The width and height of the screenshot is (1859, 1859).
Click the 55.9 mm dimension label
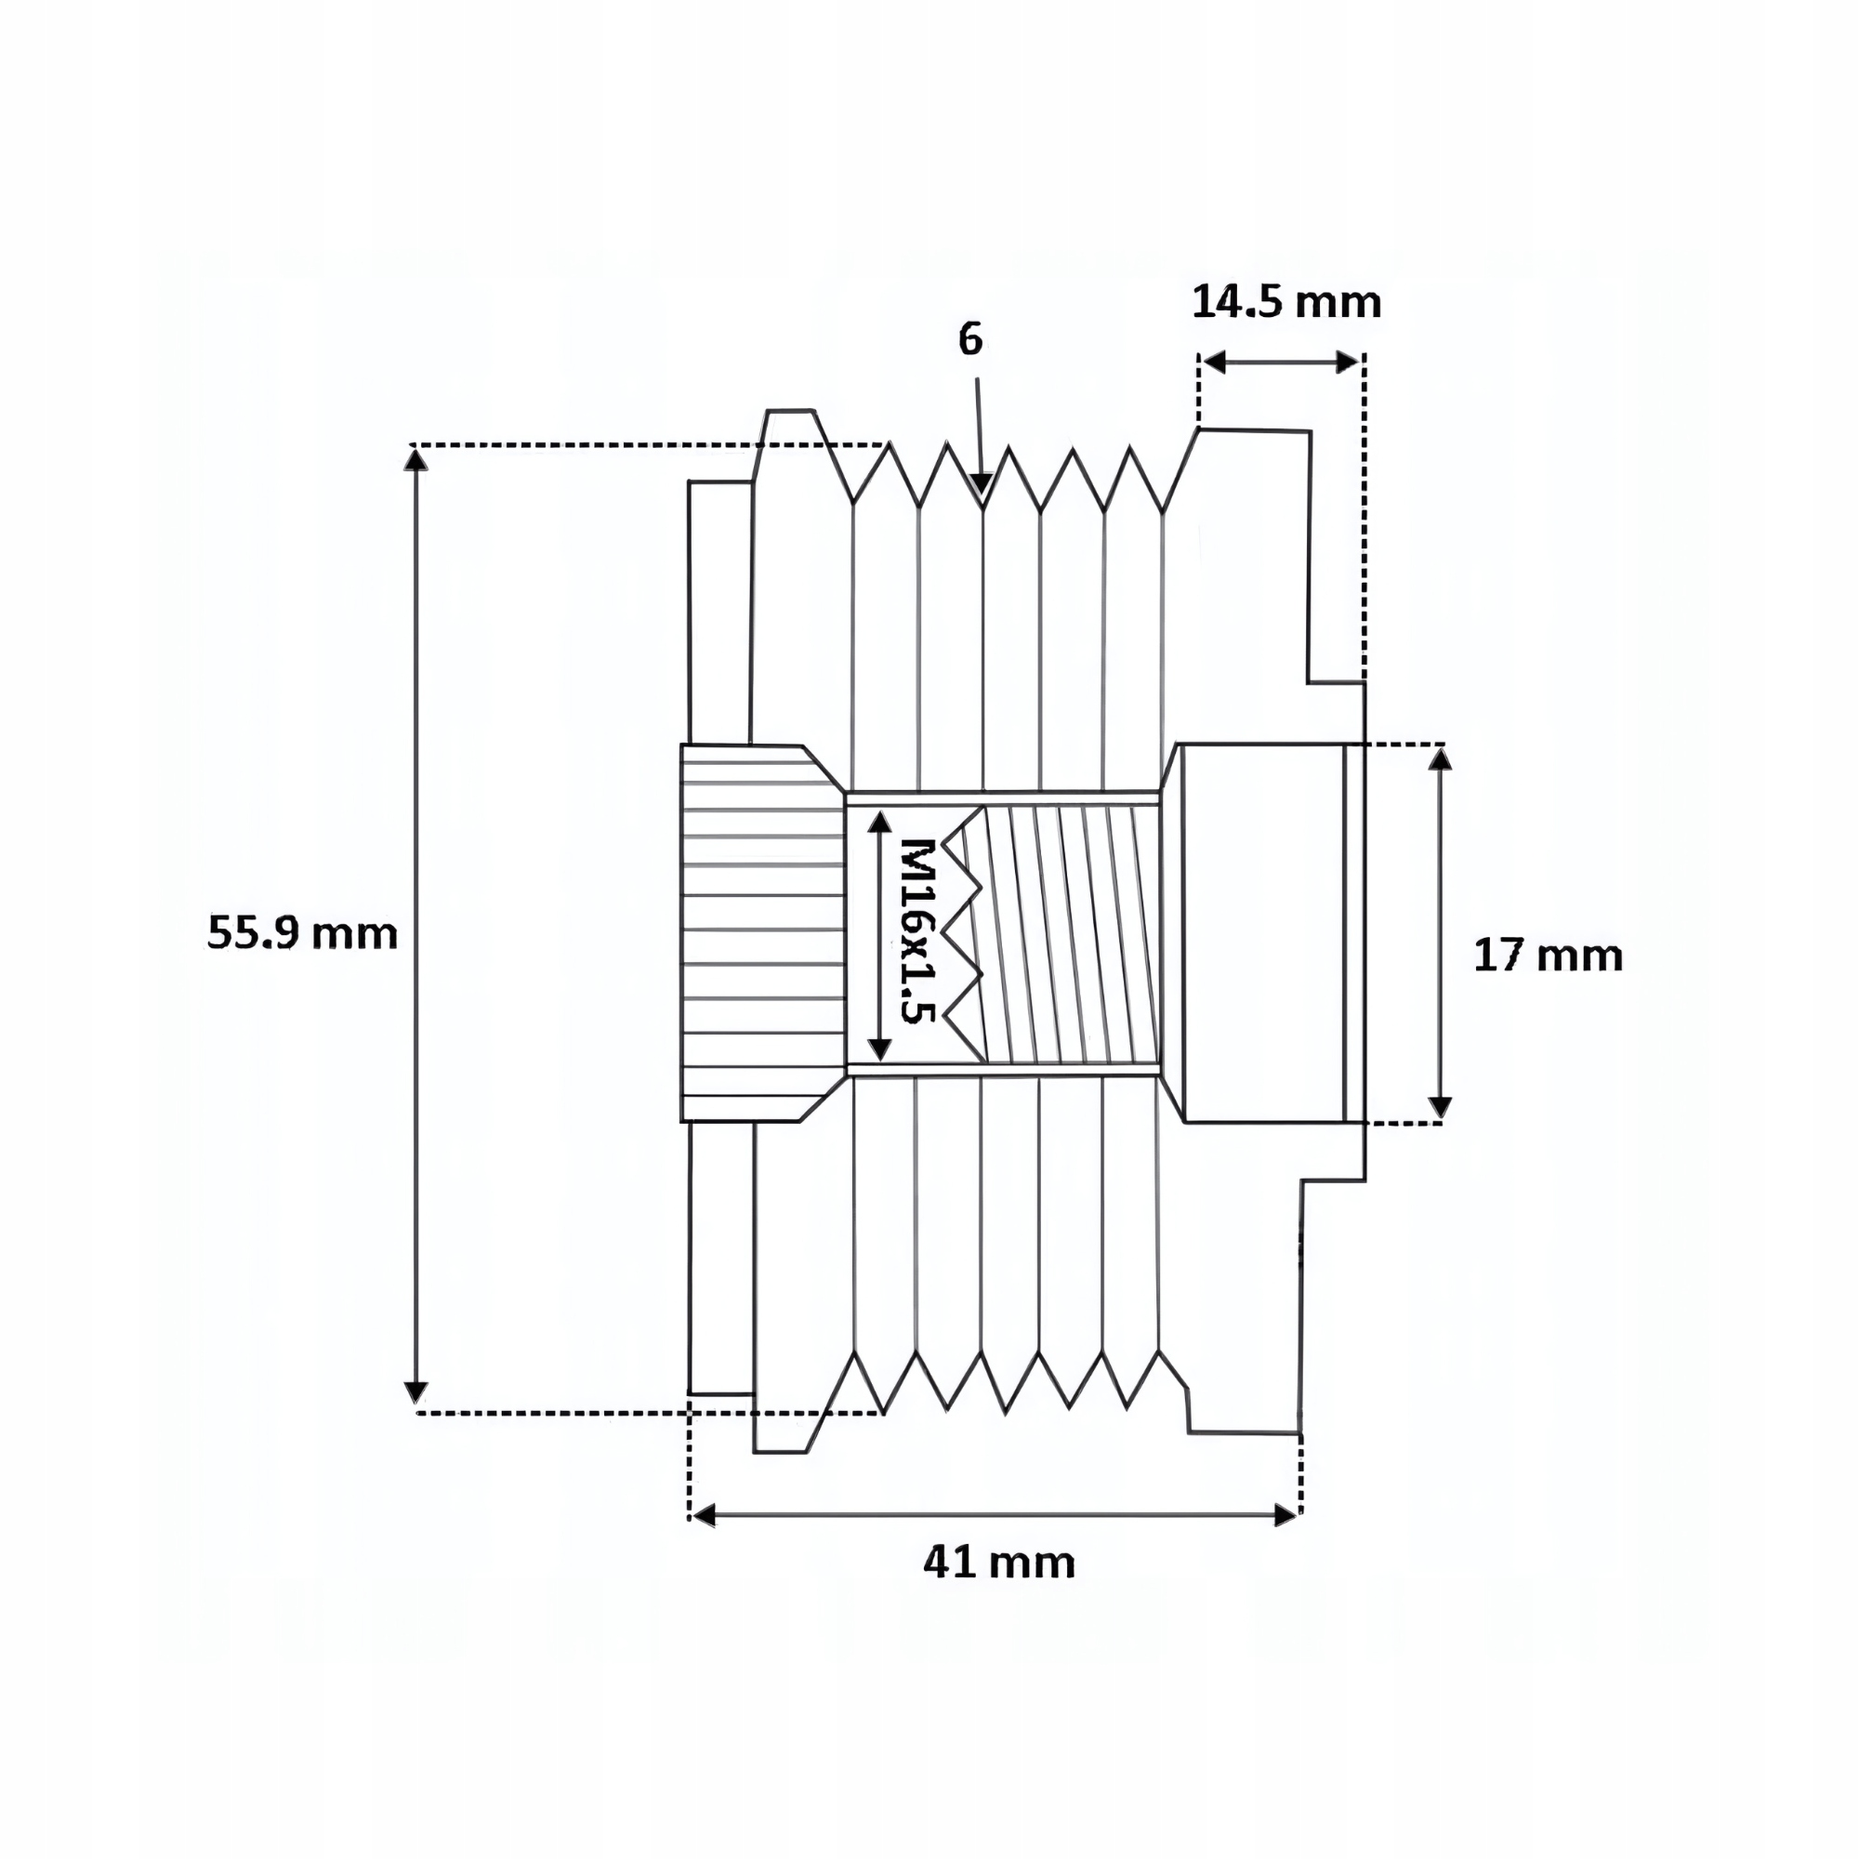(302, 933)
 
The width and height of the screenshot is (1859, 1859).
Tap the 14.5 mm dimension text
(1286, 302)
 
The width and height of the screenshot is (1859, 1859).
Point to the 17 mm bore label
(1549, 956)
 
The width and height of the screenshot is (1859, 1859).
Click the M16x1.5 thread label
(917, 930)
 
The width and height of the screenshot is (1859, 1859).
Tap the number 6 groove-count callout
(971, 339)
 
